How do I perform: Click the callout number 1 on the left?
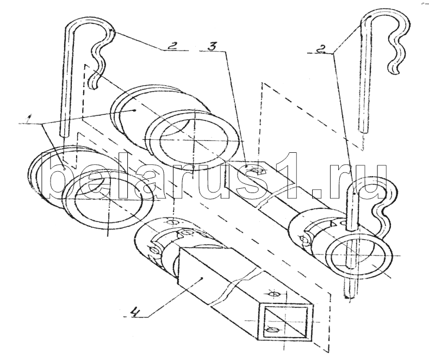tap(27, 119)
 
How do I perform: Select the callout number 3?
tap(212, 46)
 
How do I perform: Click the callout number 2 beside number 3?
tap(171, 46)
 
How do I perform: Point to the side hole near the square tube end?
tap(272, 330)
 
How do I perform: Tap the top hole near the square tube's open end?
tap(274, 294)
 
